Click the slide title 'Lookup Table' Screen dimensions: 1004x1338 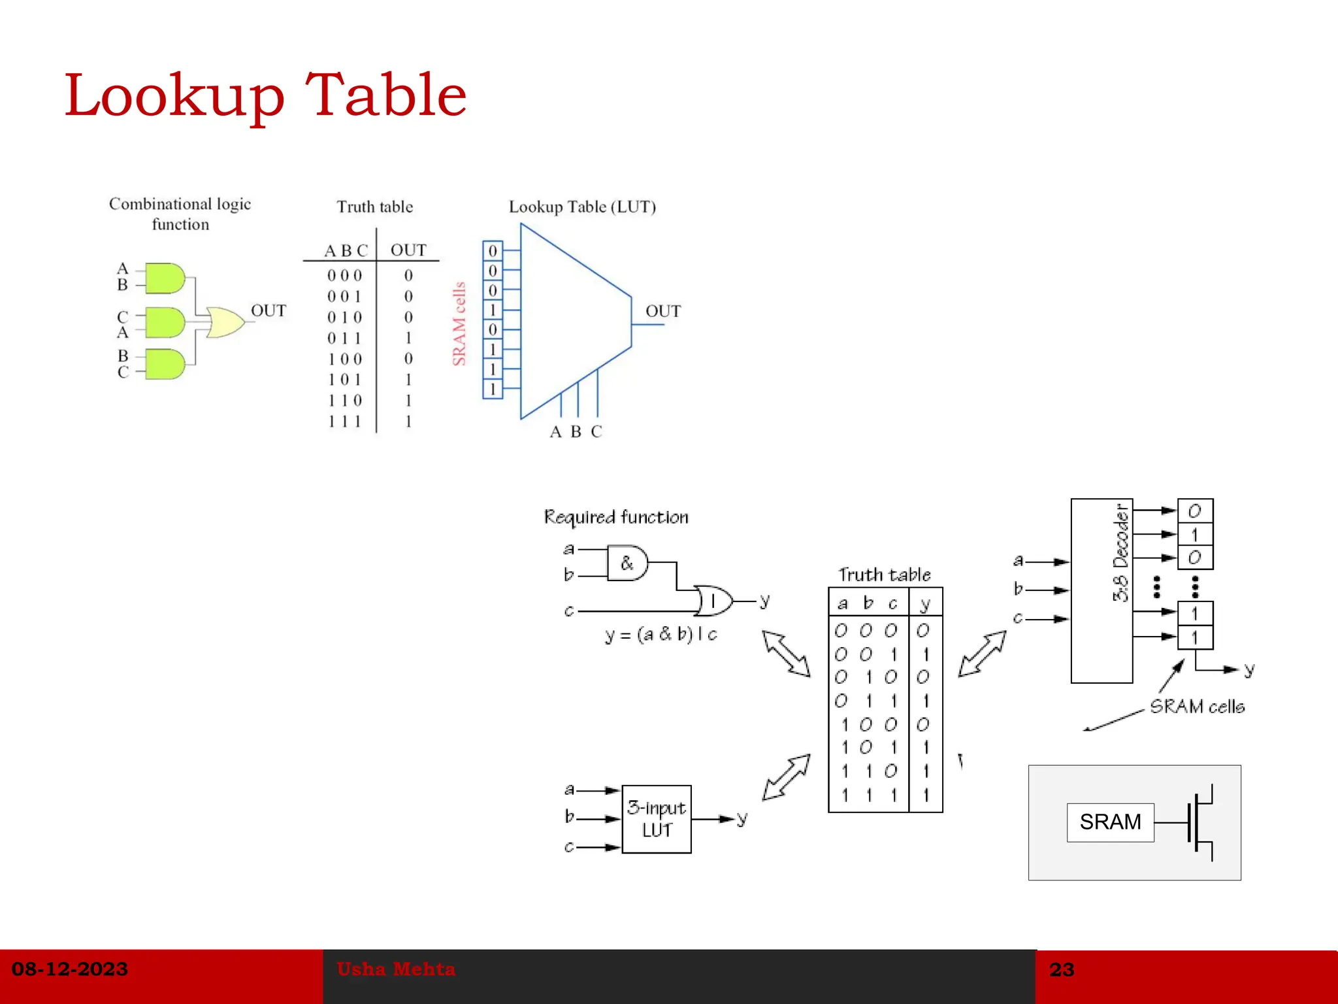[265, 95]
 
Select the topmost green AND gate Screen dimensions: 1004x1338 [165, 279]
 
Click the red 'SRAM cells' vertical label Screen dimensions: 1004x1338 [459, 324]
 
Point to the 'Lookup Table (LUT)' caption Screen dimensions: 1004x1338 [582, 207]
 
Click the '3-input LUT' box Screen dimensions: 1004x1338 [656, 819]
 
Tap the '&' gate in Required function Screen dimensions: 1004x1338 [627, 563]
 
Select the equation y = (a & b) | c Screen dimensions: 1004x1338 [661, 634]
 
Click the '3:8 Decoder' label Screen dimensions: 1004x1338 [1120, 553]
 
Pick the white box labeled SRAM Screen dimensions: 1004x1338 [1110, 822]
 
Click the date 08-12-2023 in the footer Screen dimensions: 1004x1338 [70, 969]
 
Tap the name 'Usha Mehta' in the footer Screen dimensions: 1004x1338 [396, 969]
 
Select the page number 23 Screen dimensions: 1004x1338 [1062, 969]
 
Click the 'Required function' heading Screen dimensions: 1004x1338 [616, 517]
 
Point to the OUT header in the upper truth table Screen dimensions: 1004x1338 [408, 250]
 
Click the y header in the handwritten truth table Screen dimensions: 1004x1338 [924, 603]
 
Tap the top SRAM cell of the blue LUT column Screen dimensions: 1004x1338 [493, 251]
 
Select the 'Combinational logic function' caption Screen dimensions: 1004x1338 [180, 214]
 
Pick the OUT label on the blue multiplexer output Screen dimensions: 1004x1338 [663, 311]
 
